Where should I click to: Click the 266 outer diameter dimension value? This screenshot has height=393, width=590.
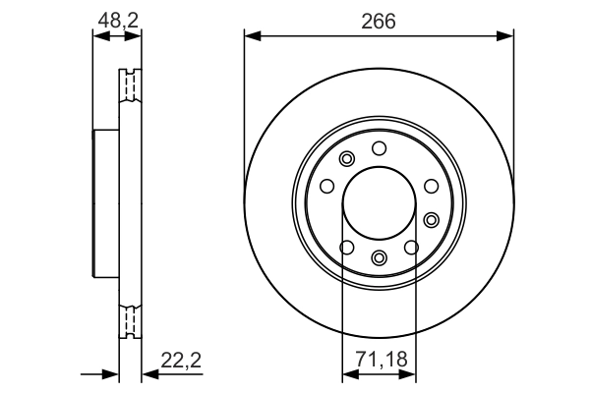coord(379,19)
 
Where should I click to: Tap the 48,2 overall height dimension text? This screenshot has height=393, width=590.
coord(116,19)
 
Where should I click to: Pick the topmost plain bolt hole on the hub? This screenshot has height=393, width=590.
coord(379,147)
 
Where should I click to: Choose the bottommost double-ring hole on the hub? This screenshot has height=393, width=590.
coord(380,258)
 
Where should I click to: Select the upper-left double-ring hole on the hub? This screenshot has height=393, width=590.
coord(345,159)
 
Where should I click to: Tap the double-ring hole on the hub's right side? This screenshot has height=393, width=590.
coord(432,218)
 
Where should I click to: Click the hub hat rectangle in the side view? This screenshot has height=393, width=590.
coord(105,203)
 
